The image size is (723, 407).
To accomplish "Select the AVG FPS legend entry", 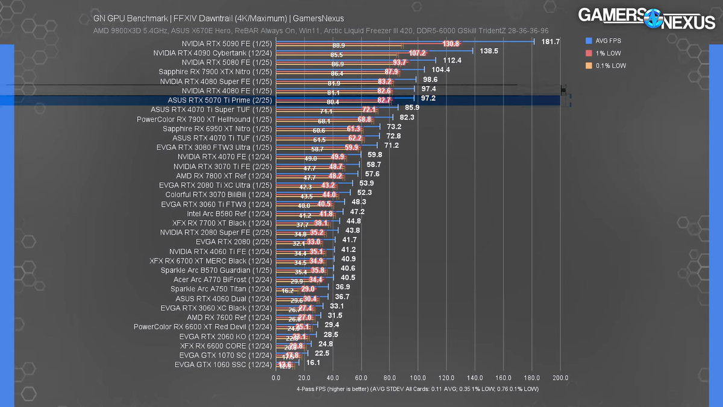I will click(x=609, y=41).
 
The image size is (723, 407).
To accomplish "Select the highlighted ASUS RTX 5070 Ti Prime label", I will click(x=220, y=100).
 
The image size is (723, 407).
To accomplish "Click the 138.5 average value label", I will click(x=489, y=51).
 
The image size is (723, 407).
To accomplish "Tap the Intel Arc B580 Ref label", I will click(x=230, y=213).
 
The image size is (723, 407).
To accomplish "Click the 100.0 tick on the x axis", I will click(x=418, y=377).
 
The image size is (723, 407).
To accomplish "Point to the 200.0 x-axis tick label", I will click(x=560, y=377).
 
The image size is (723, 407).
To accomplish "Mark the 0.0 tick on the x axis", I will click(x=276, y=377).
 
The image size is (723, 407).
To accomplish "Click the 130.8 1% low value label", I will click(x=451, y=44).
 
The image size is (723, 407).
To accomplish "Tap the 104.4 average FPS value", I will click(x=441, y=70).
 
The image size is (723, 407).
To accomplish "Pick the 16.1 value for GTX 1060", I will click(x=313, y=364).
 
